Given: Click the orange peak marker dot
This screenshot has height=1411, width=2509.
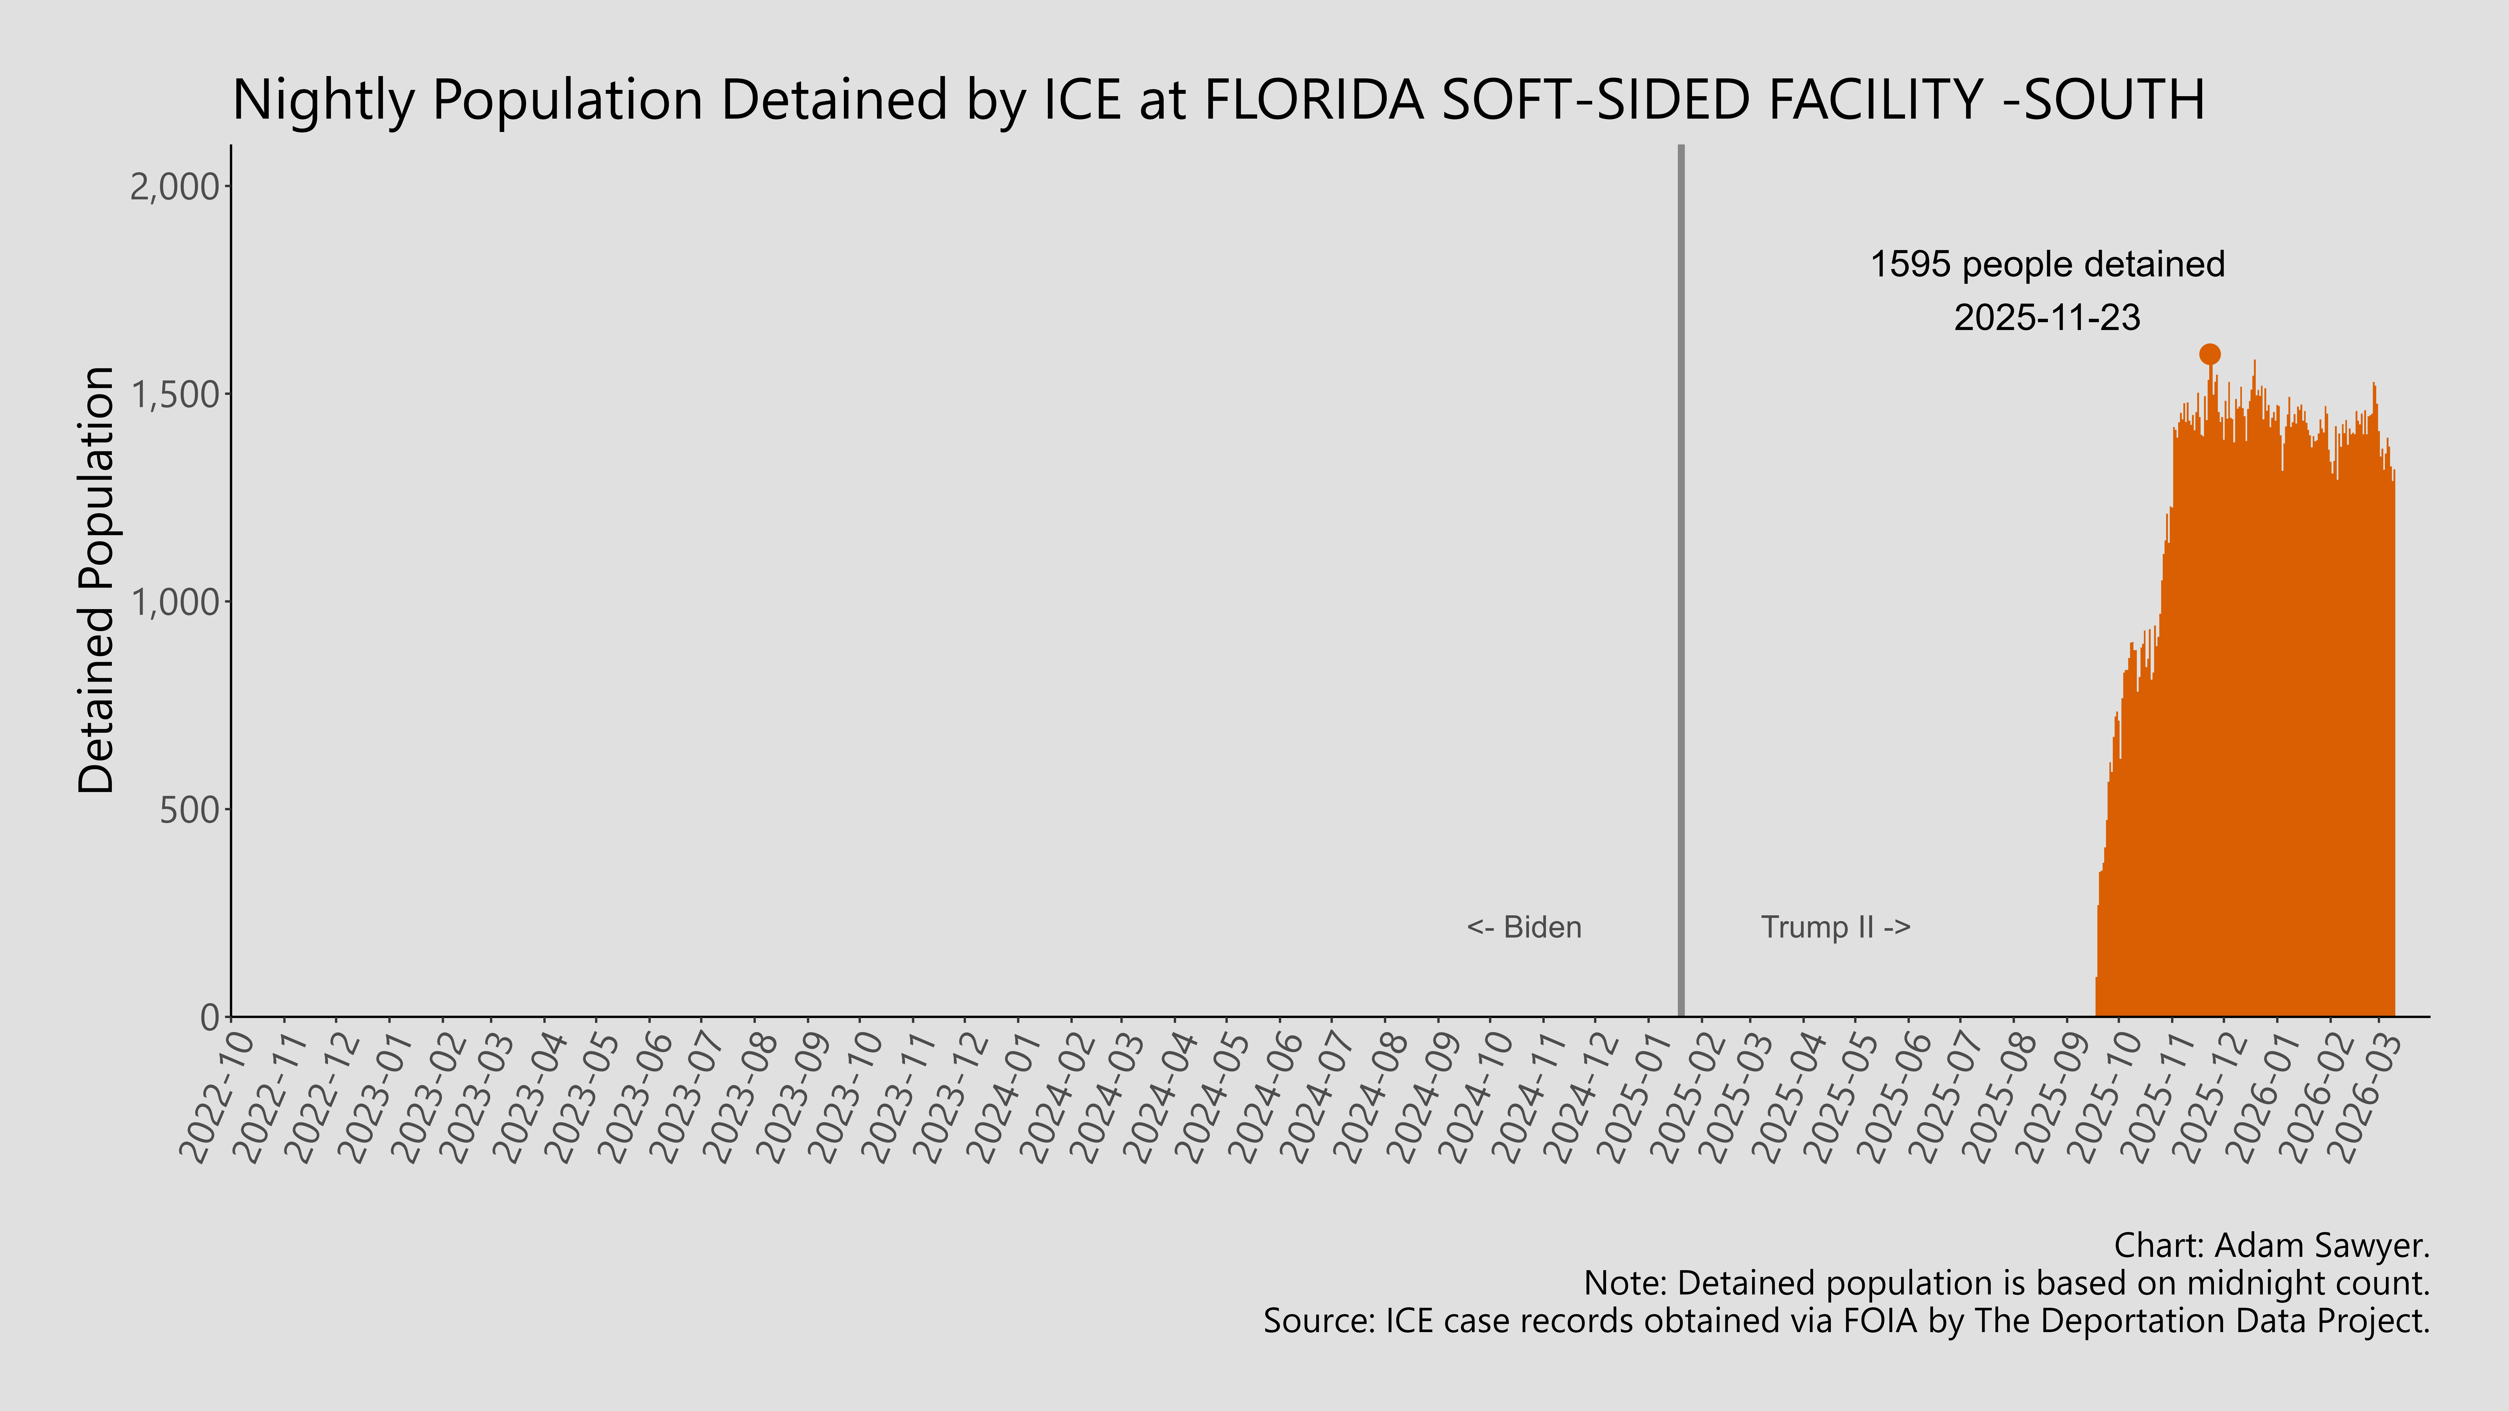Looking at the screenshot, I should coord(2209,354).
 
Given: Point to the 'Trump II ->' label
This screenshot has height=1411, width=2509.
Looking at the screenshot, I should coord(1835,927).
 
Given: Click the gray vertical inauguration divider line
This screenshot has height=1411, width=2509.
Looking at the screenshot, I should coord(1680,584).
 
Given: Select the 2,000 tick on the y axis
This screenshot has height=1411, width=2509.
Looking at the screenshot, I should coord(175,186).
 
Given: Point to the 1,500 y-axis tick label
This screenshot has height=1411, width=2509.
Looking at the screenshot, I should coord(175,394).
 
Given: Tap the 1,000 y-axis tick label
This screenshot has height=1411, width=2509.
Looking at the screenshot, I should coord(175,602).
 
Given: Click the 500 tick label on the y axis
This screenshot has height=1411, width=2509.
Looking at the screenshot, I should coord(190,809).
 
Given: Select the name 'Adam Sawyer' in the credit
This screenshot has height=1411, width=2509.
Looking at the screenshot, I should coord(2318,1245).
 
